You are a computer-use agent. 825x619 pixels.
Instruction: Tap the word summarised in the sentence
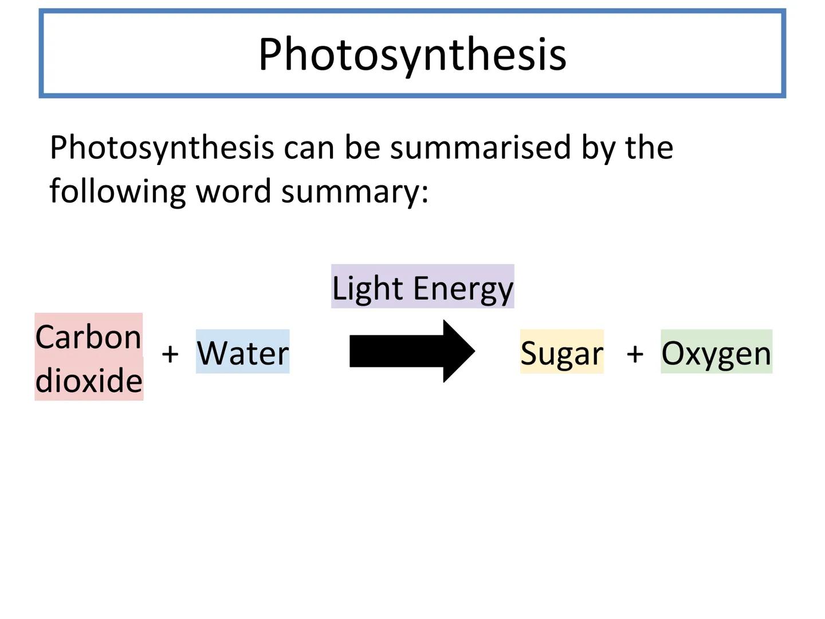coord(480,147)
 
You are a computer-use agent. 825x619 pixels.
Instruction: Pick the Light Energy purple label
coord(422,287)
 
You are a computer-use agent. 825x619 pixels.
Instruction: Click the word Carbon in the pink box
coord(88,337)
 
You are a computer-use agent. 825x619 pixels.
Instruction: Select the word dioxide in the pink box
coord(89,380)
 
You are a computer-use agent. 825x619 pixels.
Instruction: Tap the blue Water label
coord(242,351)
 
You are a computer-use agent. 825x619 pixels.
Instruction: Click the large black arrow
coord(412,351)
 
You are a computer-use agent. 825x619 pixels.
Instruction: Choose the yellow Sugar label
coord(562,351)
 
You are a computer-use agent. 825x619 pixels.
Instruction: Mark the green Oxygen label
coord(716,351)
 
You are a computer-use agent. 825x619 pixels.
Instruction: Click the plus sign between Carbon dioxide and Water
coord(170,354)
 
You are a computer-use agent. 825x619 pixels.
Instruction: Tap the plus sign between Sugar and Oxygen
coord(635,354)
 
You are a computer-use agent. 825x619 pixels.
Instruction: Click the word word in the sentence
coord(233,190)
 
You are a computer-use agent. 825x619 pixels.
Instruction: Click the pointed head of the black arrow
coord(475,351)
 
